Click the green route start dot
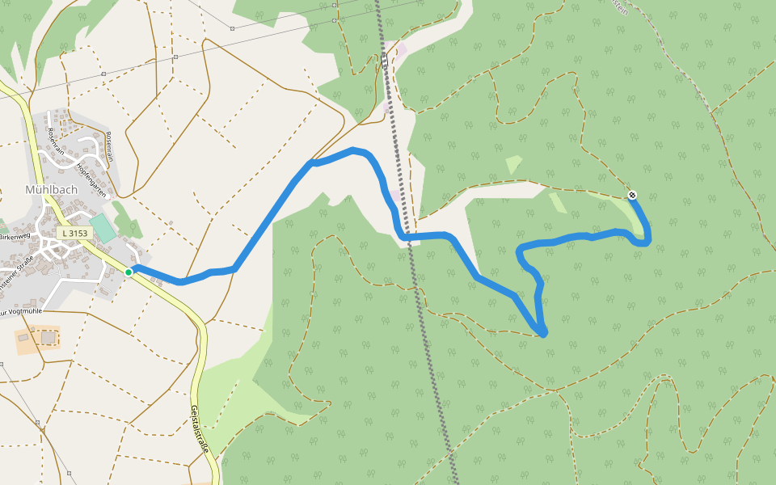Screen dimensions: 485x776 (129, 272)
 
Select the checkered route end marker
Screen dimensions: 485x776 (632, 195)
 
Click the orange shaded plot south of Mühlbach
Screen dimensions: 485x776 (37, 338)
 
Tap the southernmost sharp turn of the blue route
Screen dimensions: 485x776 (542, 332)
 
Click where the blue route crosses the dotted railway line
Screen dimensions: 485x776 (411, 236)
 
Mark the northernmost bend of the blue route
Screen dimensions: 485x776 (353, 150)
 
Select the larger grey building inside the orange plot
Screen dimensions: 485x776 (49, 337)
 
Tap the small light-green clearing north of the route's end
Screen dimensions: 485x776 (513, 165)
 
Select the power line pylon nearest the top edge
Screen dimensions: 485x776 (232, 28)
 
